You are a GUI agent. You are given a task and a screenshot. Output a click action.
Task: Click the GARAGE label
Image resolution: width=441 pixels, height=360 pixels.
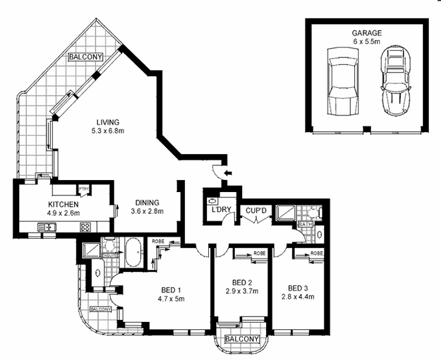point(366,33)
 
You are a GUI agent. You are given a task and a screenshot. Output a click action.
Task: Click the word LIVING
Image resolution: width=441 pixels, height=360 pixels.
point(107,122)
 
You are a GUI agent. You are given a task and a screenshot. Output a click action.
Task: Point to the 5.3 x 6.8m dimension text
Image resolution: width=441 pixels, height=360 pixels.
point(107,131)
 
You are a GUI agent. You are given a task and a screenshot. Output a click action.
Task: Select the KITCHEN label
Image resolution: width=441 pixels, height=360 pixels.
point(64,205)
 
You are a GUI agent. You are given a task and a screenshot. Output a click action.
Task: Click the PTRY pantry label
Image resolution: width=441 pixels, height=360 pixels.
point(84,189)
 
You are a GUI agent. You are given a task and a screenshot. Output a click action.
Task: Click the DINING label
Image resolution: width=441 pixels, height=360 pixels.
point(147,205)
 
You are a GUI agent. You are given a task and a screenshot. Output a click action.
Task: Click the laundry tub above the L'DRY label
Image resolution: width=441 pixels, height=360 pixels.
point(212,200)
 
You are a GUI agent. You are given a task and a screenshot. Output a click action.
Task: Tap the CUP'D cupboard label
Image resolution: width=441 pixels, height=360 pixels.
point(256,212)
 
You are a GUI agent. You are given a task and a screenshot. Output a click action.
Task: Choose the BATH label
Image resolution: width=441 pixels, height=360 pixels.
point(306,225)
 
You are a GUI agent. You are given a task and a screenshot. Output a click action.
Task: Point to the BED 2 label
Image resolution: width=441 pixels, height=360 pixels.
point(241,282)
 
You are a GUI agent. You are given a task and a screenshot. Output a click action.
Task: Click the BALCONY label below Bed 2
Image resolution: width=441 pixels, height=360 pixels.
point(241,339)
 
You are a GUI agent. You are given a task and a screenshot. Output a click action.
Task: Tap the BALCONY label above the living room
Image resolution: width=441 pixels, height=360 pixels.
point(85,57)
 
